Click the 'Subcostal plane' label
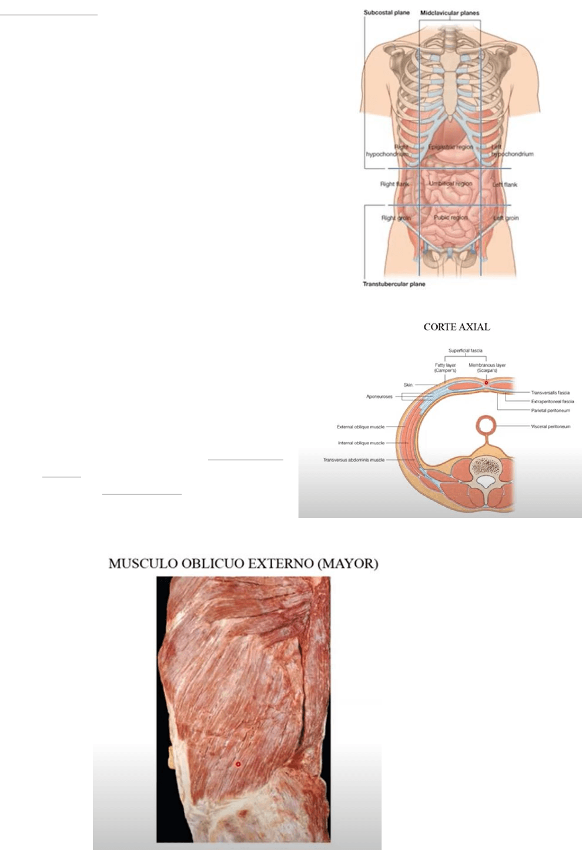pyautogui.click(x=386, y=12)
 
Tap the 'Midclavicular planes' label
pyautogui.click(x=450, y=12)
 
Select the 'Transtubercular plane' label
pyautogui.click(x=393, y=284)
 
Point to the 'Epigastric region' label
pyautogui.click(x=451, y=147)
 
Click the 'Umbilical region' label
pyautogui.click(x=450, y=184)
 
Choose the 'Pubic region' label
pyautogui.click(x=450, y=217)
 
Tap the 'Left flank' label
pyautogui.click(x=504, y=185)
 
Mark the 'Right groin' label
pyautogui.click(x=396, y=218)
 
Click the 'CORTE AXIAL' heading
pyautogui.click(x=457, y=327)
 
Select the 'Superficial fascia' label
pyautogui.click(x=465, y=351)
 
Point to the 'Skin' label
pyautogui.click(x=408, y=385)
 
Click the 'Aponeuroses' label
pyautogui.click(x=379, y=397)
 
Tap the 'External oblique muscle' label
pyautogui.click(x=360, y=427)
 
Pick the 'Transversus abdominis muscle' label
pyautogui.click(x=353, y=460)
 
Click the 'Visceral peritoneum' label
pyautogui.click(x=550, y=427)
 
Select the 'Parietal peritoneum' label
pyautogui.click(x=550, y=410)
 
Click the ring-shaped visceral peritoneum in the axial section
pyautogui.click(x=486, y=424)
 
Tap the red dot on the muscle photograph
pyautogui.click(x=238, y=764)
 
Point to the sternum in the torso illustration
pyautogui.click(x=450, y=88)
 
